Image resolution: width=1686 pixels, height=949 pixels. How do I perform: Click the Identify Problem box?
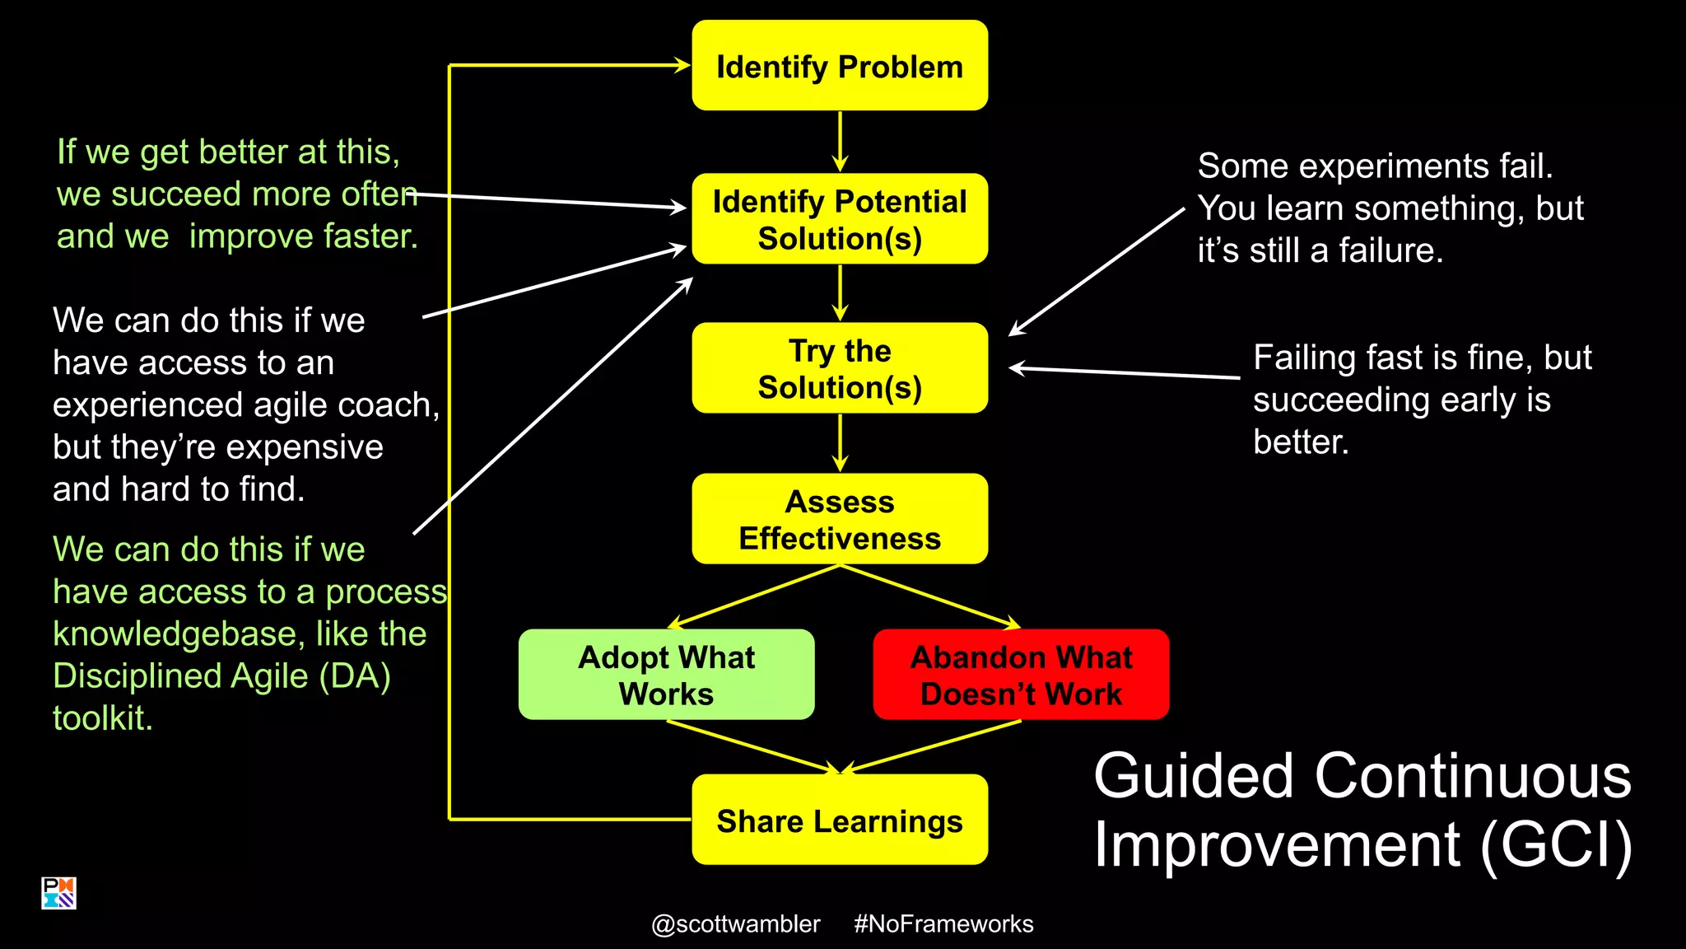point(840,66)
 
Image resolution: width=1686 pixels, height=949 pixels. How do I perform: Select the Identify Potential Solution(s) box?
point(840,219)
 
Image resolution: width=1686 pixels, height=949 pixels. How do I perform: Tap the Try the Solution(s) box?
point(840,368)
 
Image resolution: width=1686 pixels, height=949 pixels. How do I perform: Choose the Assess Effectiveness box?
point(840,519)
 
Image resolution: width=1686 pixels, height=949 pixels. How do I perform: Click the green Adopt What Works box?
point(666,675)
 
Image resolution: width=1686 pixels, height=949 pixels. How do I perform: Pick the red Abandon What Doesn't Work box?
point(1021,675)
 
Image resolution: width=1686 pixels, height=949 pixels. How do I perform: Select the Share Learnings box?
point(840,820)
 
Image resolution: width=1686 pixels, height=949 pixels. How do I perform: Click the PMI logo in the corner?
point(58,893)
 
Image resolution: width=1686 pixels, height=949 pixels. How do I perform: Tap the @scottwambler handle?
point(735,924)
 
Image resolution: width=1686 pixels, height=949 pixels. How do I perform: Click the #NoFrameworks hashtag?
point(943,924)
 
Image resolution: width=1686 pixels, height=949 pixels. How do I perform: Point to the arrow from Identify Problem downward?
point(840,141)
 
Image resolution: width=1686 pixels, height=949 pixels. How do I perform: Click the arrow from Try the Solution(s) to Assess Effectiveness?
point(840,442)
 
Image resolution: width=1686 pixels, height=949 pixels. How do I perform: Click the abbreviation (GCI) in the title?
point(1556,846)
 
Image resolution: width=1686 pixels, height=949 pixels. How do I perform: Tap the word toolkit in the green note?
point(102,718)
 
